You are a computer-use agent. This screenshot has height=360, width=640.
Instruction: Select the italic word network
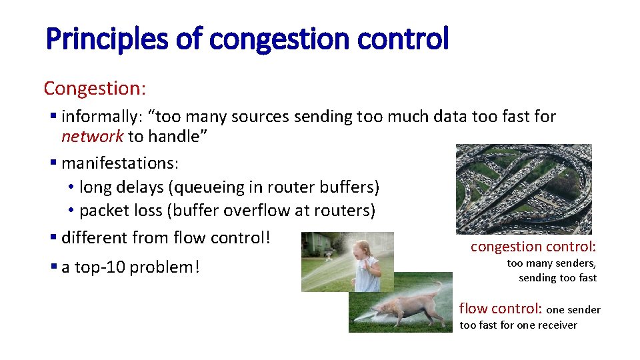tap(92, 137)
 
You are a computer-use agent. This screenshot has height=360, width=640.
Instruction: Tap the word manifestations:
tap(119, 163)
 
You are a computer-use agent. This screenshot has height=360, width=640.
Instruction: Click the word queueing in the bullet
tap(214, 187)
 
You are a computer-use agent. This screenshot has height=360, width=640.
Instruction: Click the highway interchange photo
tap(523, 189)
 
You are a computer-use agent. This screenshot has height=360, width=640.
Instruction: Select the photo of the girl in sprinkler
tap(347, 261)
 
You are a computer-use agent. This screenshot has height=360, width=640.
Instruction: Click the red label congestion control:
tap(533, 247)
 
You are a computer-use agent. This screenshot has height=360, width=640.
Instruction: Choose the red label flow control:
tap(501, 309)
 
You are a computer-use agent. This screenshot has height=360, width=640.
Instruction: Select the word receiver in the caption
tap(557, 325)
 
